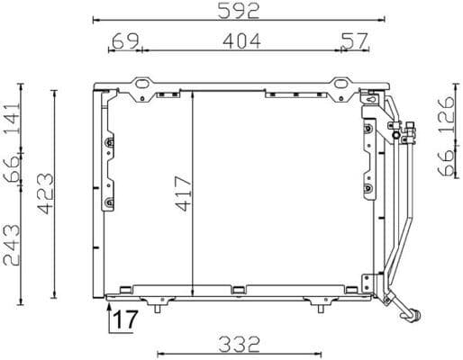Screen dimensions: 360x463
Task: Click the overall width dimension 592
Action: [x=238, y=11]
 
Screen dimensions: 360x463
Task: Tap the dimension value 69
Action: [x=124, y=40]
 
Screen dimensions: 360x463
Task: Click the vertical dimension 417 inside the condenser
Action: [x=183, y=193]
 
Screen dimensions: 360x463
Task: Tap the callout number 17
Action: [x=128, y=318]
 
